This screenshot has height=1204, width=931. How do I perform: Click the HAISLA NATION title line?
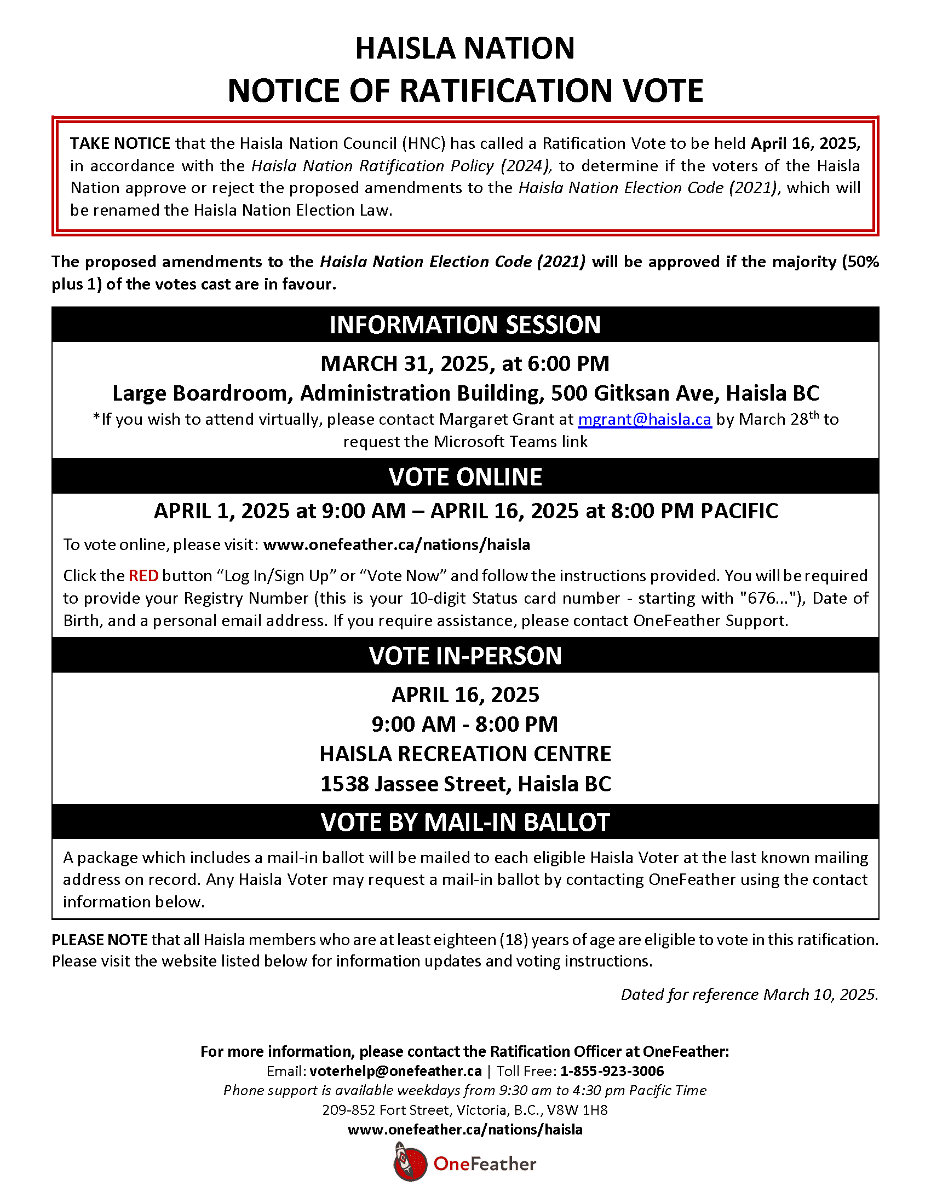[465, 49]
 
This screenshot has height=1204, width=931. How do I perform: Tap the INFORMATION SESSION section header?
[465, 325]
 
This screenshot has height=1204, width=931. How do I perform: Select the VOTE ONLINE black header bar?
[465, 477]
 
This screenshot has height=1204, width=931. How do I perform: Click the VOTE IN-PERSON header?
[465, 656]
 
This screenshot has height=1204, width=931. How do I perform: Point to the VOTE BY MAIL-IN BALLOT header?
[465, 822]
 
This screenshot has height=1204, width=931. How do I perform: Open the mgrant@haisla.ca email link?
[644, 420]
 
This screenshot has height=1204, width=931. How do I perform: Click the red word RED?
[143, 576]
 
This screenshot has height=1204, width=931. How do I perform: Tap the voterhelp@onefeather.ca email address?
[395, 1071]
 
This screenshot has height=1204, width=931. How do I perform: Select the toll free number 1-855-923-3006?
[612, 1071]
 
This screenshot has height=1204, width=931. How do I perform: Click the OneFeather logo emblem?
[410, 1162]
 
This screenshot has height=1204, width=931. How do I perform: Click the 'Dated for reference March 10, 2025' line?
[749, 994]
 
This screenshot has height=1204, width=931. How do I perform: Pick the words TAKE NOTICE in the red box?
[120, 144]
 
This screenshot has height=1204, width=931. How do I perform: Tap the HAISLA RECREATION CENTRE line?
[465, 754]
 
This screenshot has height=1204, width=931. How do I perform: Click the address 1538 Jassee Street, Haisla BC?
[465, 784]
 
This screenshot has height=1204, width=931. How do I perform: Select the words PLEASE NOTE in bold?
[99, 940]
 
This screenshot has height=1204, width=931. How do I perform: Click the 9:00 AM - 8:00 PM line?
[465, 725]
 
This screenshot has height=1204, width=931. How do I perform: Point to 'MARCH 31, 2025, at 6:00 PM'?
[465, 364]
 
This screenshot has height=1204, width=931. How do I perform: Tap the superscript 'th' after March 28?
[813, 415]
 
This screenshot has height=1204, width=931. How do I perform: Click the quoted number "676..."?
[765, 598]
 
